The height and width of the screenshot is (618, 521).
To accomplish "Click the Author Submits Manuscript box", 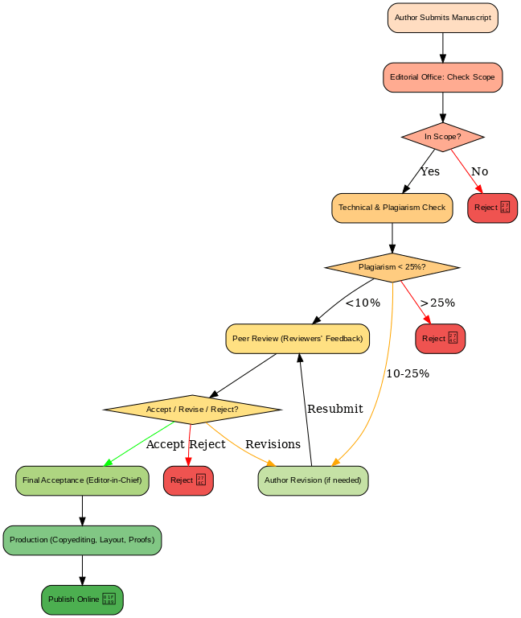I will (x=442, y=18).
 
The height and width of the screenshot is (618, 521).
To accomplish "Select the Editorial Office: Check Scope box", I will (x=442, y=77).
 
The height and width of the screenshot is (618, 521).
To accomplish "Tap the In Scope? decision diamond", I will (x=442, y=137).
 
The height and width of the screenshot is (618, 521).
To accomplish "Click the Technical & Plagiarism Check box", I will (x=392, y=208).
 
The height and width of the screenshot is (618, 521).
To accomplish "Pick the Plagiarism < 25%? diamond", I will (x=392, y=267).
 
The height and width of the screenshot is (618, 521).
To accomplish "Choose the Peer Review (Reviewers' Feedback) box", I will (x=297, y=339).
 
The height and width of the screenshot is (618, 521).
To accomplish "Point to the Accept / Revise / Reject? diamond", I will (x=192, y=410).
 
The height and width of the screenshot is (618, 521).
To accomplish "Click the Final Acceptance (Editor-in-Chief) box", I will (x=82, y=480).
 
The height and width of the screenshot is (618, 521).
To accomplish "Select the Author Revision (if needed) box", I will (x=313, y=480).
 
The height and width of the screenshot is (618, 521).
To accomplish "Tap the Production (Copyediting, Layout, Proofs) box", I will (x=82, y=540).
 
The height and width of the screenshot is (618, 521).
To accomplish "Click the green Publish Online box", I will (x=82, y=599).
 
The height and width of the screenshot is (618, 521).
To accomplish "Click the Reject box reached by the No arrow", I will (x=492, y=208).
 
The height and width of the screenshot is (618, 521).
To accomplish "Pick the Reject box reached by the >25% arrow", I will (x=440, y=339).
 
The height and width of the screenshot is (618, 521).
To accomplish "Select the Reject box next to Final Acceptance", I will (x=188, y=480).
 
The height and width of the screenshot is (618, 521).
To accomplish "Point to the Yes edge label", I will (x=430, y=172).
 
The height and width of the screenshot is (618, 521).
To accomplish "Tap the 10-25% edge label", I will (x=408, y=374).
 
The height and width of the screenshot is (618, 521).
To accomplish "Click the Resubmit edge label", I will (x=335, y=409).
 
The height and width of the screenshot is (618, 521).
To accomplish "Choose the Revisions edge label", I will (x=273, y=444).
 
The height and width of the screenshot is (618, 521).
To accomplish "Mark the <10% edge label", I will (x=363, y=303).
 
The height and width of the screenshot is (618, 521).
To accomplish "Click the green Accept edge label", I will (x=166, y=444).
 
